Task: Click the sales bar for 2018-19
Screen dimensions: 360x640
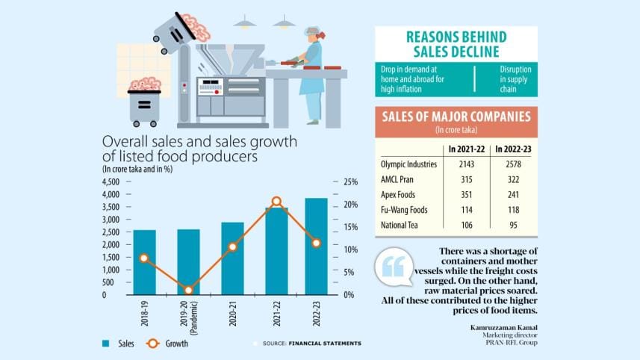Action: [x=145, y=262]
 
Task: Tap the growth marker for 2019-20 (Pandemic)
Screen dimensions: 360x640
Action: [x=189, y=290]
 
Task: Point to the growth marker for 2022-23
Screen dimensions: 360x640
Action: [x=317, y=243]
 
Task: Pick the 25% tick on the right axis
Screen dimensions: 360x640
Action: [x=351, y=181]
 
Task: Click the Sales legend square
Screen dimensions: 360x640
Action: [x=105, y=344]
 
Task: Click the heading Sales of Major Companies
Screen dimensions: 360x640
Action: [x=456, y=117]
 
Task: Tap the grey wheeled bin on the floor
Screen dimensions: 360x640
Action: [x=144, y=105]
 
